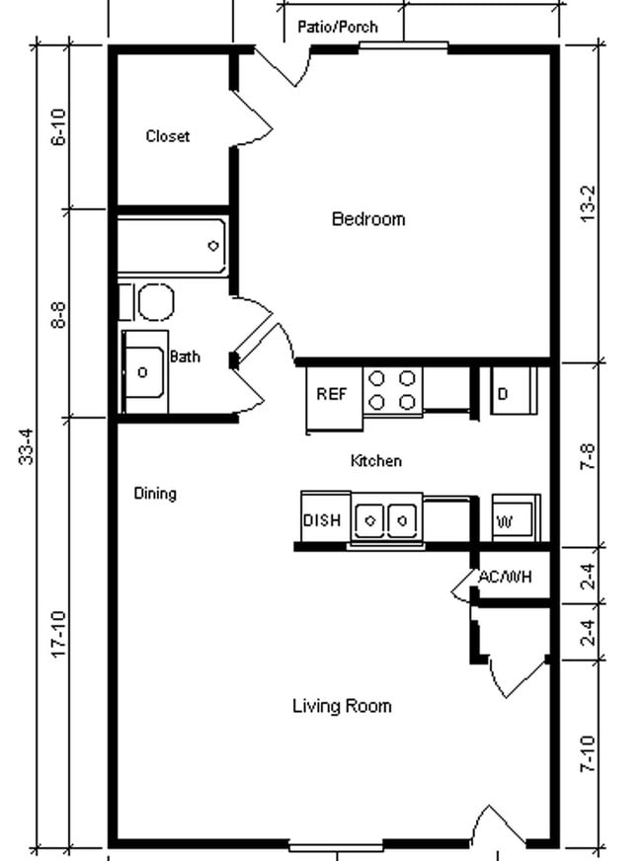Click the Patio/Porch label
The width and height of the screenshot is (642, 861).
[x=337, y=28]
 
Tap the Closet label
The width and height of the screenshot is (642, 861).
[x=167, y=136]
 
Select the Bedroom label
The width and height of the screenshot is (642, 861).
[x=367, y=219]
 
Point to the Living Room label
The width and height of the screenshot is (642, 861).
[x=342, y=706]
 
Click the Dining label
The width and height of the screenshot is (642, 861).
[x=155, y=494]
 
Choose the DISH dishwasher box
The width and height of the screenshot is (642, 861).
[x=322, y=520]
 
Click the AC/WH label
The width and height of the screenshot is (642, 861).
[x=505, y=577]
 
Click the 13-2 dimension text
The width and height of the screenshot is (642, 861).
[x=589, y=202]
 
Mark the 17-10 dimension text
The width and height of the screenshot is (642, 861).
[x=58, y=634]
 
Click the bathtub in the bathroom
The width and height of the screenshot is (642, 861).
[x=173, y=246]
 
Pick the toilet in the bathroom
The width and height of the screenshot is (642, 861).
[x=153, y=302]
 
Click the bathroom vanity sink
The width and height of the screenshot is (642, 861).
[x=145, y=372]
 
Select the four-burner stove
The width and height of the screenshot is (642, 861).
[x=392, y=390]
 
